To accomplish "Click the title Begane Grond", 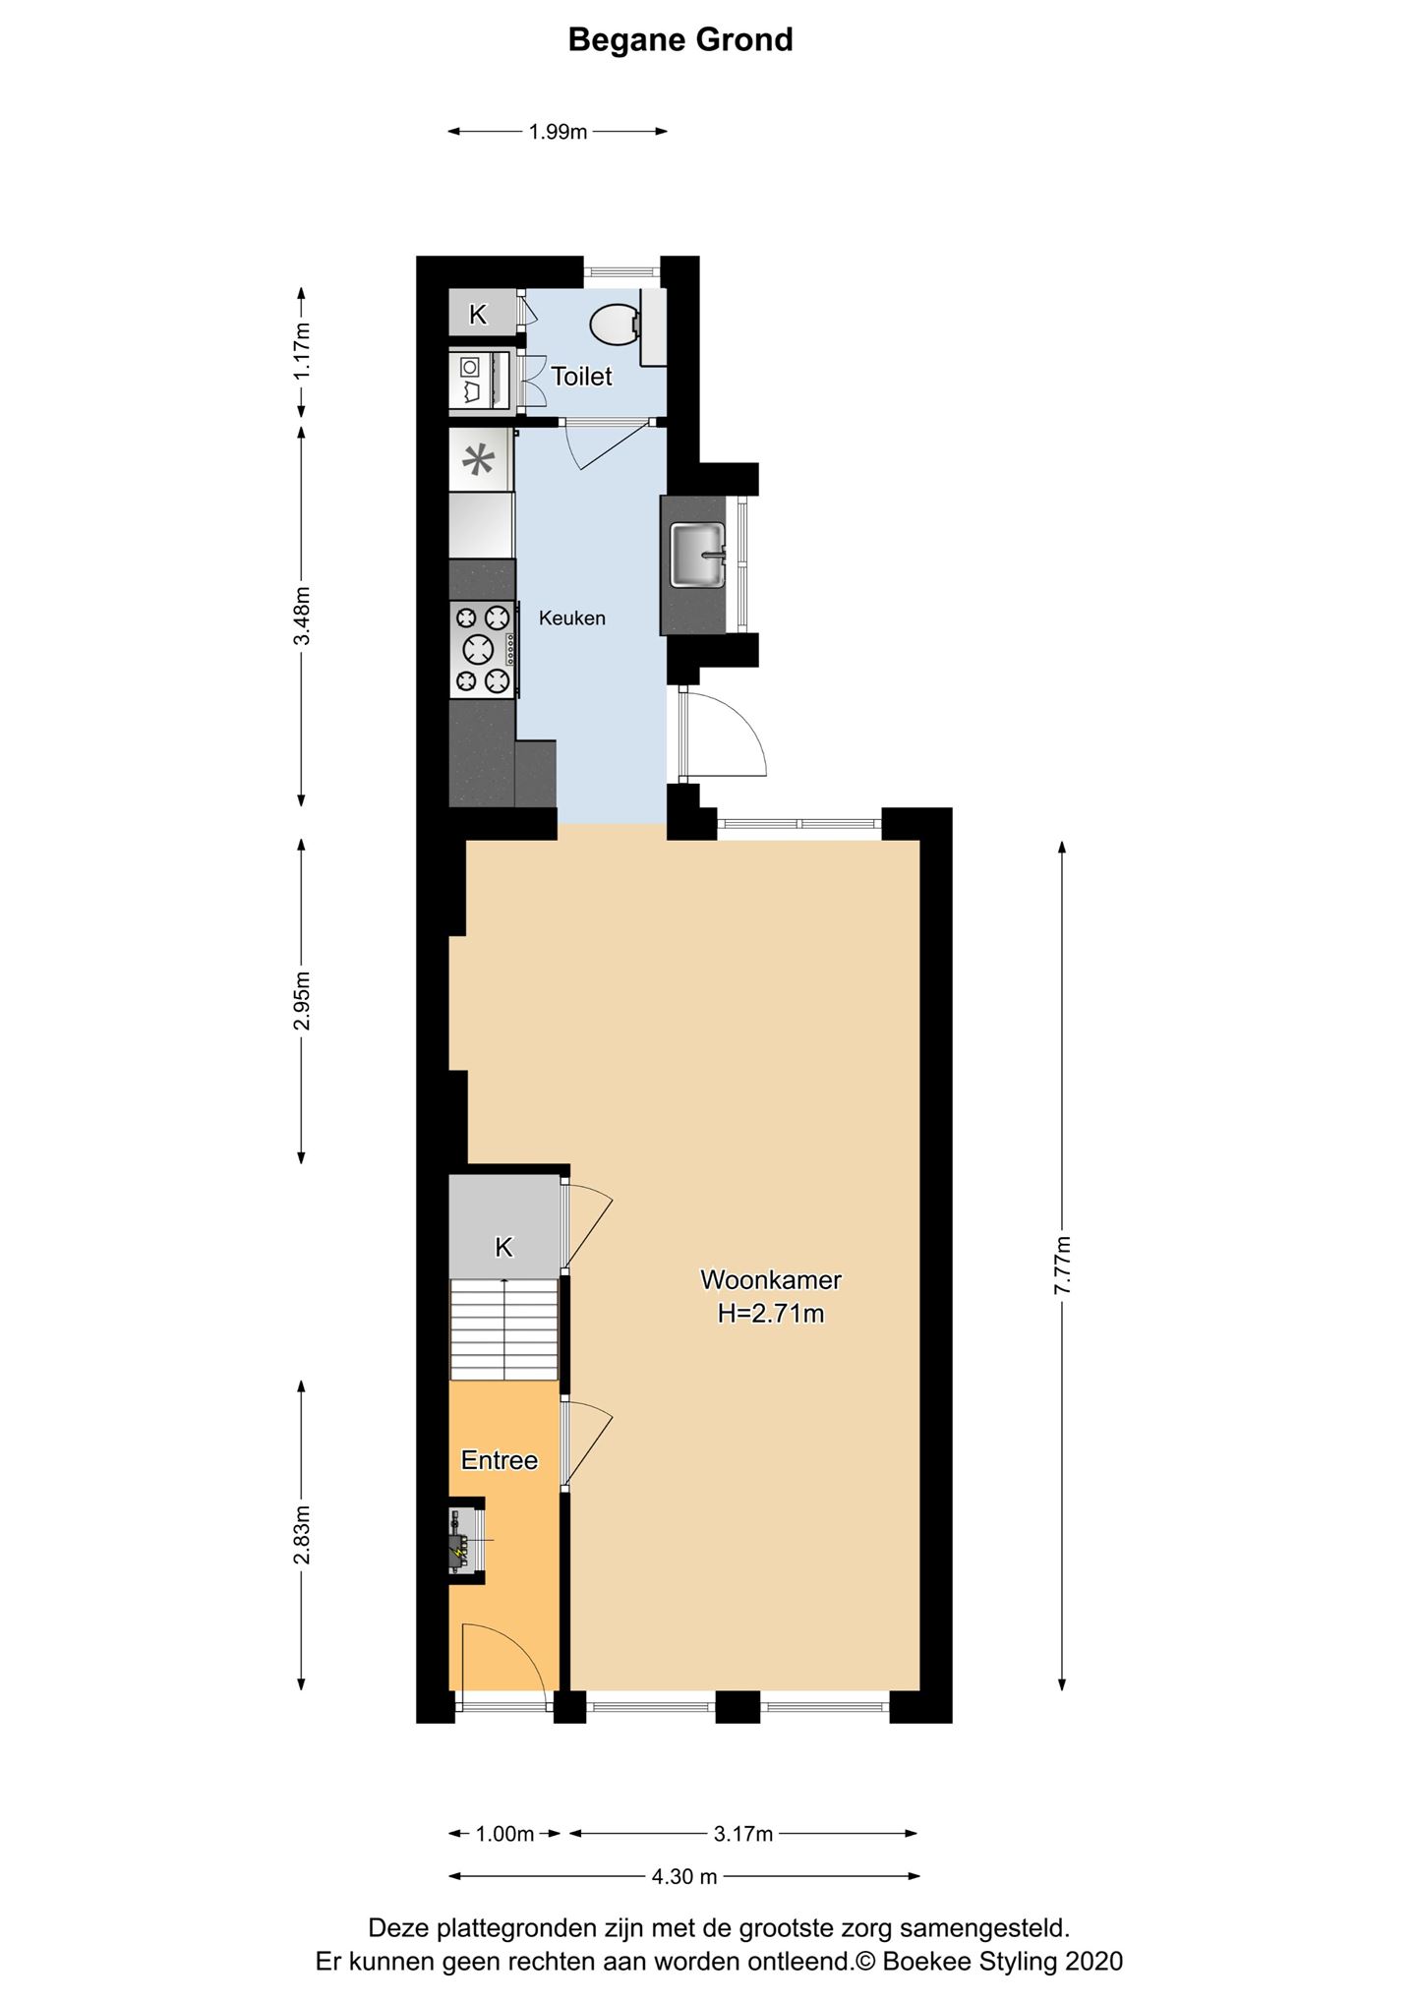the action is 680,40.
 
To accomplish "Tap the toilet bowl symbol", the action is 617,324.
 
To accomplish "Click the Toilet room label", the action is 581,376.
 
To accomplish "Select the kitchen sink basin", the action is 697,554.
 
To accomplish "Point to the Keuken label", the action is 572,618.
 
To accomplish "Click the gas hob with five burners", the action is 484,649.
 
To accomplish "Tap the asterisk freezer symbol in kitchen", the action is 480,460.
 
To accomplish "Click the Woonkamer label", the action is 771,1279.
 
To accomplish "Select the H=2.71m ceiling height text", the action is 771,1313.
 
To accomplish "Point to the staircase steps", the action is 504,1328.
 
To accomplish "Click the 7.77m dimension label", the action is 1062,1266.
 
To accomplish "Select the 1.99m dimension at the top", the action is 558,132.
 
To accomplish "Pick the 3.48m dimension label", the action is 302,616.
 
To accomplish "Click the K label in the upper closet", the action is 478,315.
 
